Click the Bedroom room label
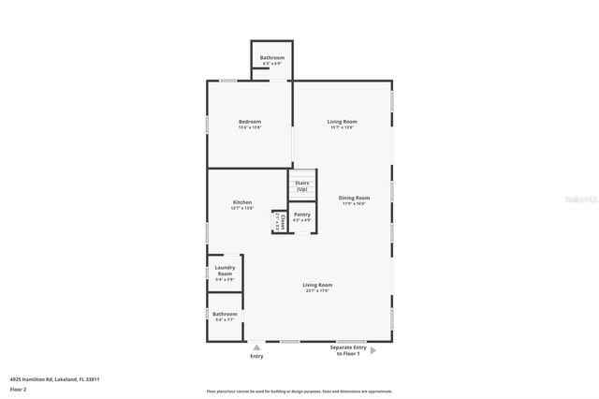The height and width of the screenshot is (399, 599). pyautogui.click(x=249, y=122)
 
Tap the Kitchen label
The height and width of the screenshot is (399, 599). pyautogui.click(x=242, y=203)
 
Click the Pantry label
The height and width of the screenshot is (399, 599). pyautogui.click(x=301, y=214)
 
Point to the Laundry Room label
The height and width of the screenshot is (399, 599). pyautogui.click(x=225, y=270)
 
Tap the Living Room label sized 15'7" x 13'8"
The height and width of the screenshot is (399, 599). pyautogui.click(x=342, y=122)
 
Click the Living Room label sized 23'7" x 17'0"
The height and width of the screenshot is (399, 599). pyautogui.click(x=317, y=285)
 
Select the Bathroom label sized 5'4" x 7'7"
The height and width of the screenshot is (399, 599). pyautogui.click(x=225, y=315)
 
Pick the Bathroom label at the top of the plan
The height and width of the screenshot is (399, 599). pyautogui.click(x=272, y=58)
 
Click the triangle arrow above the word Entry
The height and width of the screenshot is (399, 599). pyautogui.click(x=256, y=347)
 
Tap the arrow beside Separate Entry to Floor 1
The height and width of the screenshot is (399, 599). pyautogui.click(x=373, y=351)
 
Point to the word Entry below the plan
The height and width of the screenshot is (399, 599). pyautogui.click(x=256, y=356)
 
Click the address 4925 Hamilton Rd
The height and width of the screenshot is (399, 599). pyautogui.click(x=55, y=379)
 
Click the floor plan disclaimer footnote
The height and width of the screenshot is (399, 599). pyautogui.click(x=299, y=391)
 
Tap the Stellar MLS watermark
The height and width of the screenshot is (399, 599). pyautogui.click(x=578, y=200)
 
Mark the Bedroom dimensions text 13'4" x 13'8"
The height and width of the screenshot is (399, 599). pyautogui.click(x=249, y=127)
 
